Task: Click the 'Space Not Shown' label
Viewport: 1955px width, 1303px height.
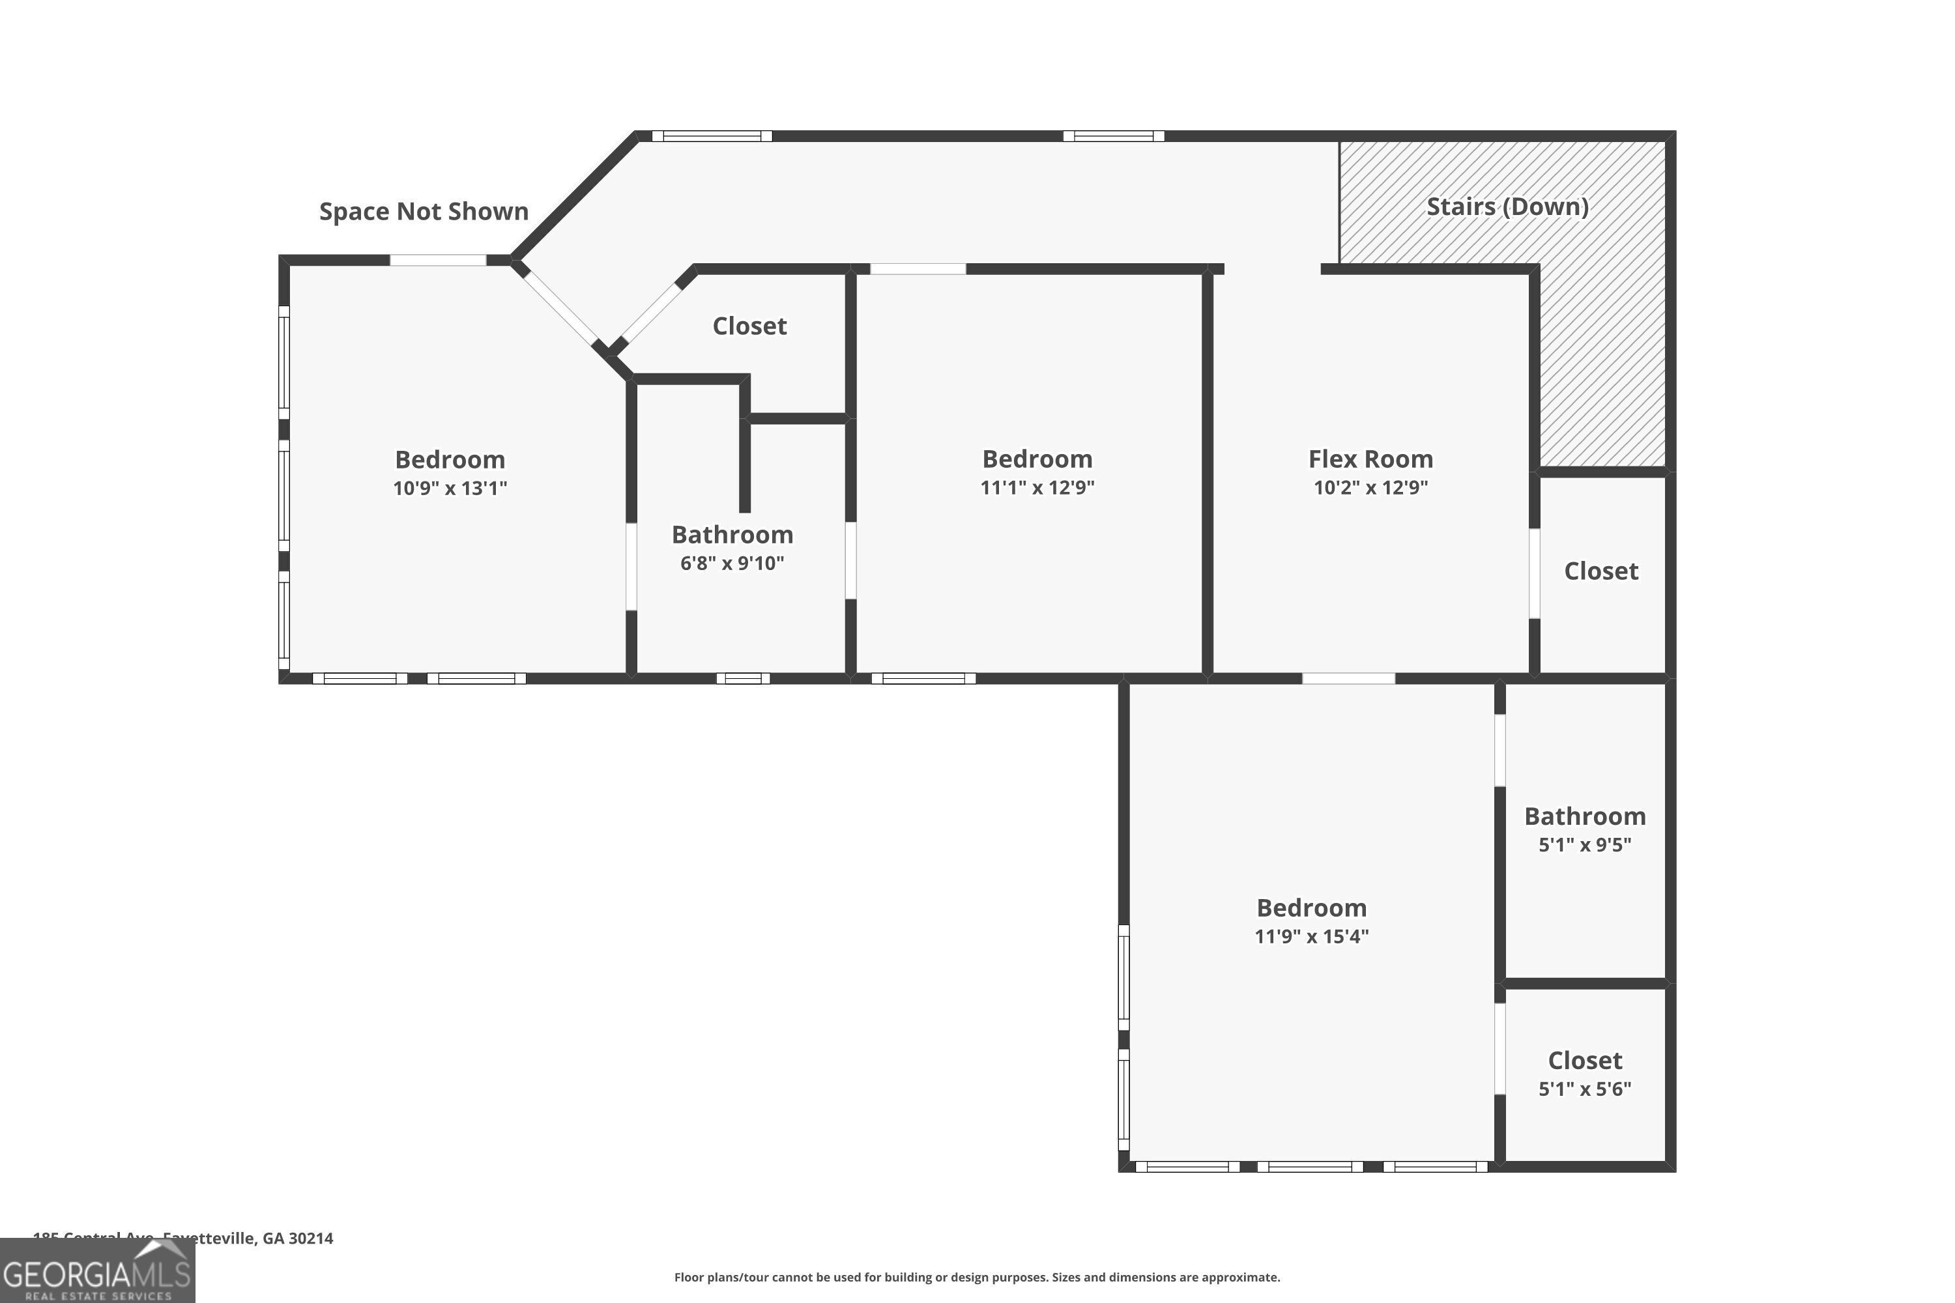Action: [x=424, y=211]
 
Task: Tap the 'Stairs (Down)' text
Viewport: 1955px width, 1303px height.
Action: [x=1507, y=206]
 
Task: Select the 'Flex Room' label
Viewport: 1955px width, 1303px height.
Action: [x=1370, y=459]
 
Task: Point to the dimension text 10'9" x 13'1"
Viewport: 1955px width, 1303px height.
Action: [x=450, y=488]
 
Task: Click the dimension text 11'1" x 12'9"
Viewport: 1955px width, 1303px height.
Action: [x=1037, y=487]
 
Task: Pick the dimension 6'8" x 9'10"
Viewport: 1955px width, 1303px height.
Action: [x=731, y=563]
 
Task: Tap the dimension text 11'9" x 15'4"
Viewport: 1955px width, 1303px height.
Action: [x=1311, y=936]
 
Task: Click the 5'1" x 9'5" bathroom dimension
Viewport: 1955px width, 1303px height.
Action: [x=1584, y=844]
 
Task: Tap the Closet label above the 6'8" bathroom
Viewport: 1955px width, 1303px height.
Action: [x=749, y=326]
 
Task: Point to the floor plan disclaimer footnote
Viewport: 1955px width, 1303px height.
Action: [x=977, y=1277]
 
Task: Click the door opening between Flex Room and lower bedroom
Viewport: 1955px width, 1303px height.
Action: [x=1348, y=679]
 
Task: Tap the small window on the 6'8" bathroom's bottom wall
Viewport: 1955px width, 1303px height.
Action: [x=743, y=679]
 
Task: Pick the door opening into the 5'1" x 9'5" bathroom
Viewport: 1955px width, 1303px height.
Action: [x=1499, y=750]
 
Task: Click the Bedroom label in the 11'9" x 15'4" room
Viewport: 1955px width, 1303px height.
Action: [x=1311, y=908]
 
